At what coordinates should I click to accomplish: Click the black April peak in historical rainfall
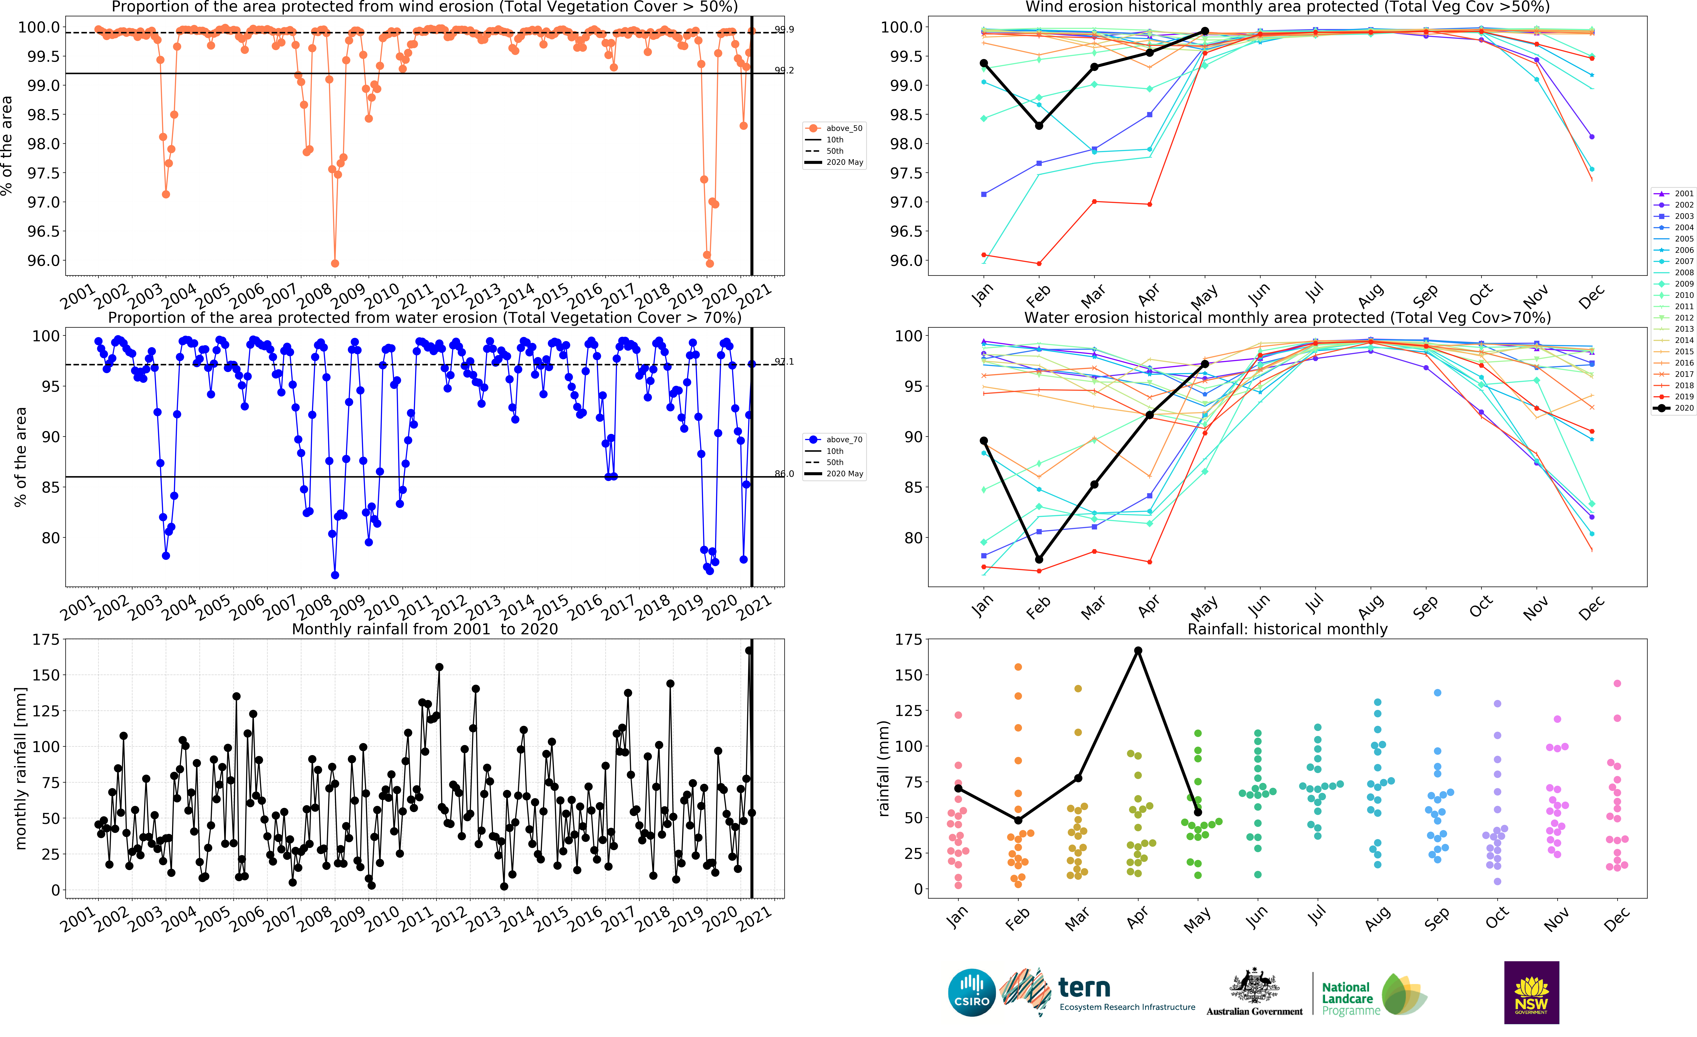(x=1139, y=651)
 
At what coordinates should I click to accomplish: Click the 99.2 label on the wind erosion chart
(x=784, y=70)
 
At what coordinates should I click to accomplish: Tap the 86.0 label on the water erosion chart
(x=784, y=474)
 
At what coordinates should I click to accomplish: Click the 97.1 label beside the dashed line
(x=784, y=362)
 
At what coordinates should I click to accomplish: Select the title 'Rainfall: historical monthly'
(x=1287, y=629)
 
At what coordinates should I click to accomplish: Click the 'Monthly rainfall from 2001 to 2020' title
(x=425, y=629)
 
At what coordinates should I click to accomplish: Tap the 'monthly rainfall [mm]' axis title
(x=21, y=768)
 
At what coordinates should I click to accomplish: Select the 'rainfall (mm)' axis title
(x=884, y=768)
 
